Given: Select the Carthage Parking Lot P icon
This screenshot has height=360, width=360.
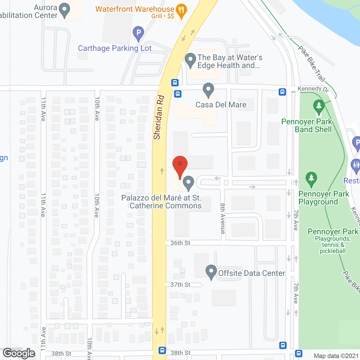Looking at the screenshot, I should coord(138,33).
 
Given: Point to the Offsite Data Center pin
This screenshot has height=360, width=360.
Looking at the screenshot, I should coord(211,272).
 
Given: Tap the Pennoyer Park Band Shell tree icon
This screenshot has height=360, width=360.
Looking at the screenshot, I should coord(319,106).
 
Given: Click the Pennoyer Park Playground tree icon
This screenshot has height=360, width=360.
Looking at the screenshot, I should coord(311,179).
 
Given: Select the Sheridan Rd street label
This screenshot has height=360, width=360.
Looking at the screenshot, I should coord(159,118).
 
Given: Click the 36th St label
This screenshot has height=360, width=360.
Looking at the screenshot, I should coord(180,243).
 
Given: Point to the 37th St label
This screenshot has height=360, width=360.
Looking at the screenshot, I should coord(180,285).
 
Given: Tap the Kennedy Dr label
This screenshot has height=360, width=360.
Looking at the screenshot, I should coord(313,89).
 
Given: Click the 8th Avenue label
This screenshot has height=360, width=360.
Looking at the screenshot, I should coord(223,219).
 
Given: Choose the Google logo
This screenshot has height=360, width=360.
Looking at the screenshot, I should coord(19,354).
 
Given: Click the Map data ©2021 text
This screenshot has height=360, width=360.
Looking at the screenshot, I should coord(336,356).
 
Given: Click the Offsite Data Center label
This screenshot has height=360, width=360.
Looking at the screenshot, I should coord(251,273).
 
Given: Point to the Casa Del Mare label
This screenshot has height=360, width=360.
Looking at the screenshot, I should coord(221,105).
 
